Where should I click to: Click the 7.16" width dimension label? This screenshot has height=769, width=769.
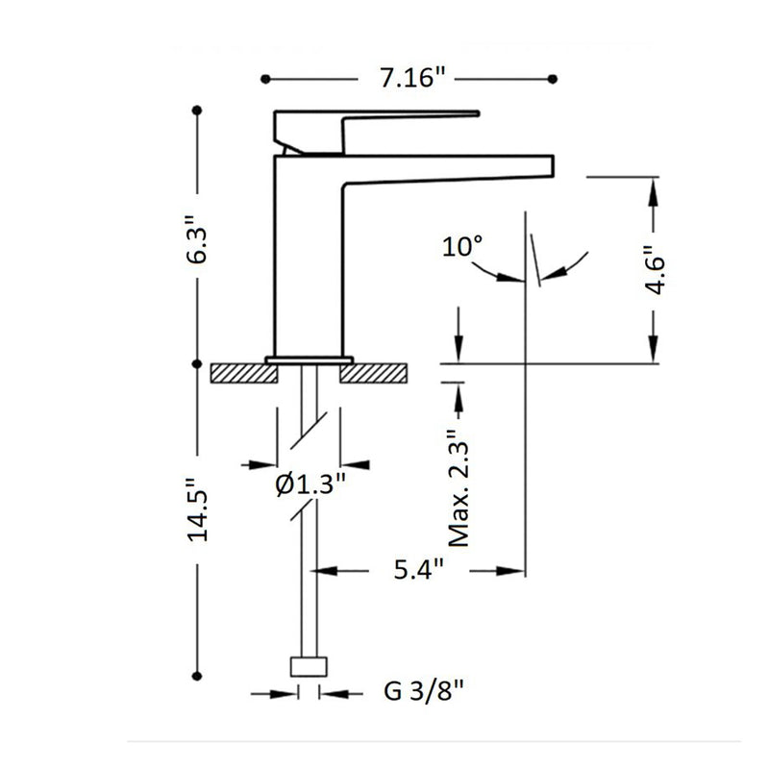[410, 80]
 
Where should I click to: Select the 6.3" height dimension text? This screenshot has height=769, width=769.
[197, 248]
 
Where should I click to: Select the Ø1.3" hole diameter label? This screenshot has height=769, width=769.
[310, 484]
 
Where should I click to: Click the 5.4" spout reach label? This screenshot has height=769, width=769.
[420, 571]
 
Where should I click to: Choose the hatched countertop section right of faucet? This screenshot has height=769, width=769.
[376, 372]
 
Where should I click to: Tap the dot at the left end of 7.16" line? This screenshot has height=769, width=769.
[266, 80]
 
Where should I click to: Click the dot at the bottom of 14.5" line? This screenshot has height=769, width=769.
[197, 674]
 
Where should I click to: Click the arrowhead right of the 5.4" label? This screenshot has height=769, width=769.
[511, 571]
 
